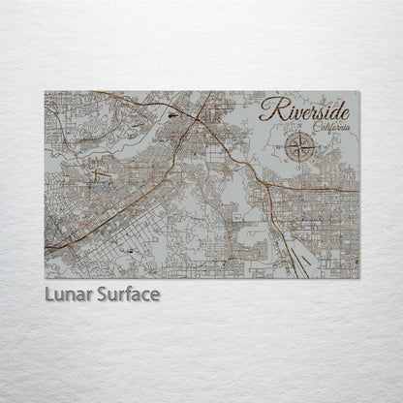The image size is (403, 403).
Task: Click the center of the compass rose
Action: (x=303, y=147)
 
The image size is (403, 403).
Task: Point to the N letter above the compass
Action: (x=303, y=134)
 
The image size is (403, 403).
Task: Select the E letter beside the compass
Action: (x=317, y=147)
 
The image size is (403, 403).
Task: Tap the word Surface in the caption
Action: (x=126, y=294)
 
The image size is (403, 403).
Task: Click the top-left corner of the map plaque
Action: (x=45, y=92)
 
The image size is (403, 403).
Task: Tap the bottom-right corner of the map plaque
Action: (x=358, y=278)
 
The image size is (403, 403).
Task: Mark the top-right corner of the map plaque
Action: (x=358, y=92)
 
